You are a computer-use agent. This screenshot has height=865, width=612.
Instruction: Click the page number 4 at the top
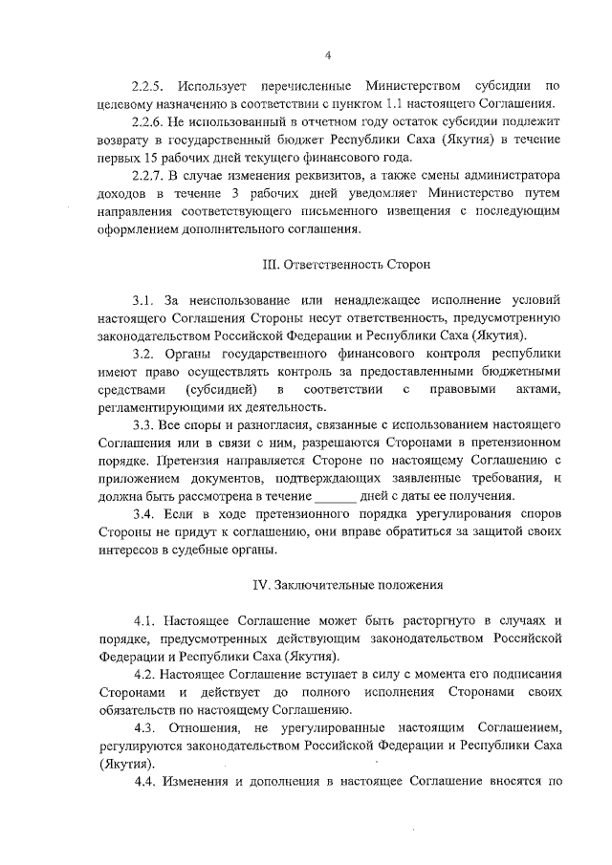[327, 54]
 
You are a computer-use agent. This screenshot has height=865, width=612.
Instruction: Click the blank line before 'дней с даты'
[335, 496]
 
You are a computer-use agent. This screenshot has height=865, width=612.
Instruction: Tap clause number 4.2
[146, 674]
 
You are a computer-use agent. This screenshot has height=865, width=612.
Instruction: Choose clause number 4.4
[146, 782]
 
